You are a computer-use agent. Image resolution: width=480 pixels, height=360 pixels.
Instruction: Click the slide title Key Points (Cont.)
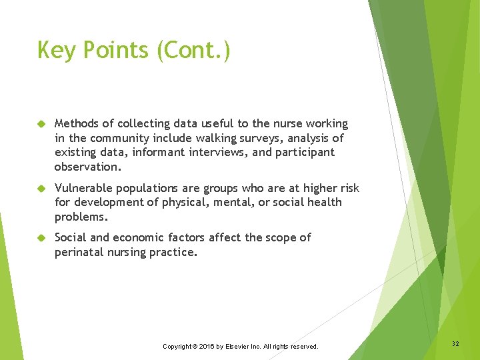tap(134, 51)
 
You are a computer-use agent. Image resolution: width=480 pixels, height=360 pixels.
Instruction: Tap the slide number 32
tap(455, 343)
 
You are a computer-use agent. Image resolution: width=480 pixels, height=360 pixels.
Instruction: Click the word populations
tap(147, 188)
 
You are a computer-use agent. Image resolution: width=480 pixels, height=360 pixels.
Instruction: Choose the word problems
tap(81, 217)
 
